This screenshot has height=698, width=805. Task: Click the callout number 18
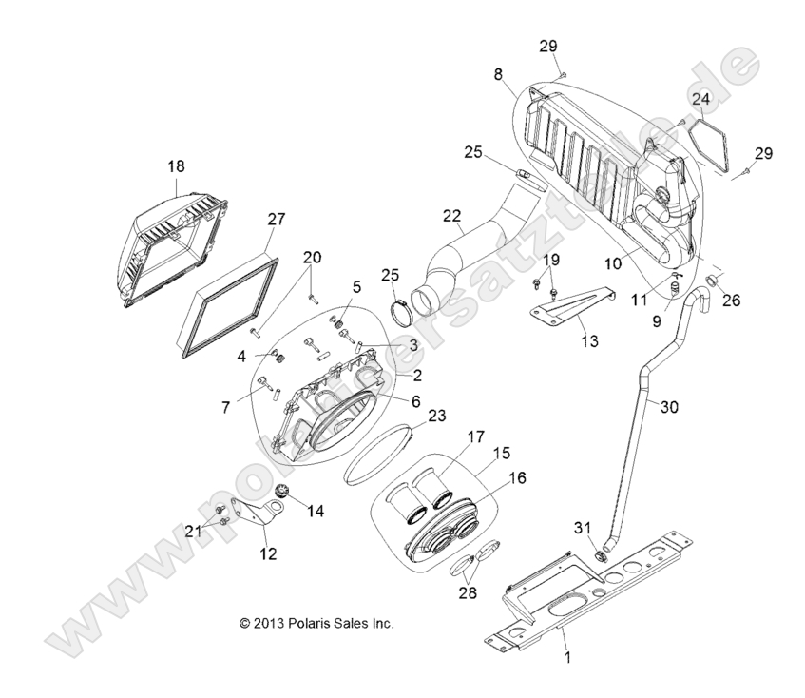point(177,166)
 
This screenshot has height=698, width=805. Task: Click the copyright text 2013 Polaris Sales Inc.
point(316,624)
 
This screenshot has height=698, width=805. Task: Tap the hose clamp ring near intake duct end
point(407,308)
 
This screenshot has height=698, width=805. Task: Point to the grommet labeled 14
point(281,492)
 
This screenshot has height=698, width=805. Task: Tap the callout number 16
point(514,479)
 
